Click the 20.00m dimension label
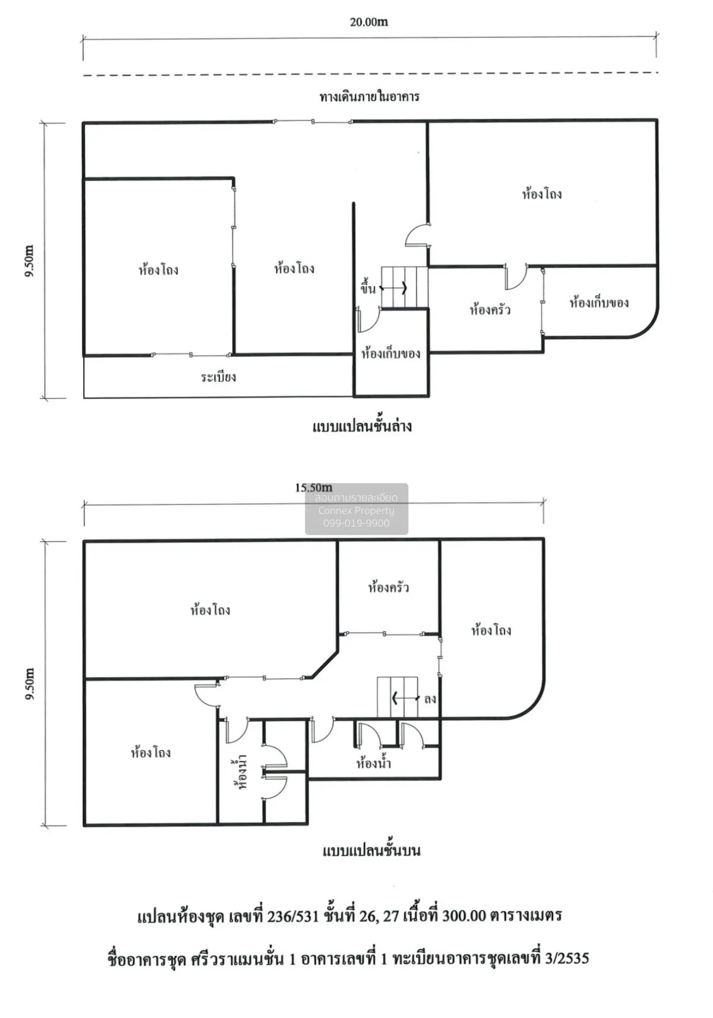tap(368, 22)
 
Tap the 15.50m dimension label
tap(313, 488)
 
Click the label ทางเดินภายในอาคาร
tap(369, 96)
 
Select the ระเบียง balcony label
tap(218, 377)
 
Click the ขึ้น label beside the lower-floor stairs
tap(368, 289)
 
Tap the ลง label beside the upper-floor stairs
tap(430, 698)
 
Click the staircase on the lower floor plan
tap(404, 287)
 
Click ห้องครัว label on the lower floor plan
tap(490, 309)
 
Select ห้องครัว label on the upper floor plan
tap(388, 587)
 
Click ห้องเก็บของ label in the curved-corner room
tap(599, 302)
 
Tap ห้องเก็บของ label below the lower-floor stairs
tap(390, 353)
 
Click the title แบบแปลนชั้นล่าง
tap(362, 426)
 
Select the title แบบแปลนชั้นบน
tap(371, 851)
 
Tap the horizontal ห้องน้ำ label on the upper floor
tap(374, 763)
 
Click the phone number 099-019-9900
tap(356, 523)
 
